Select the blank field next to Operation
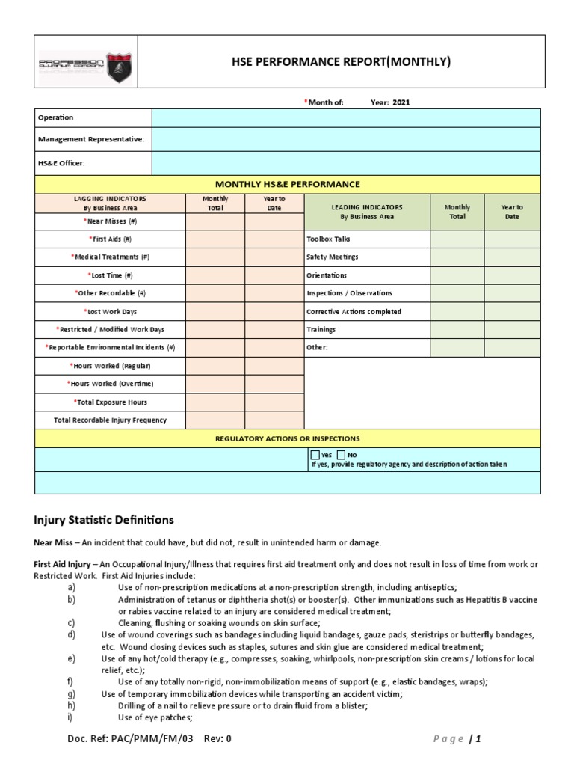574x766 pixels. point(345,118)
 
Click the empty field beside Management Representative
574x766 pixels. point(345,139)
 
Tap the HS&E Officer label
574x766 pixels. point(62,162)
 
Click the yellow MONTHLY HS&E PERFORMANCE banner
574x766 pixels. point(287,184)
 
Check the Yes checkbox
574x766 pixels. point(315,455)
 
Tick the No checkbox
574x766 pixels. point(342,455)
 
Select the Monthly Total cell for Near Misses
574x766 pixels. point(215,221)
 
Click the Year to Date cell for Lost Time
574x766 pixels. point(274,275)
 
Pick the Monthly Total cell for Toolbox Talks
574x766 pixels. point(457,239)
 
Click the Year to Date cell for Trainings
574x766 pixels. point(512,330)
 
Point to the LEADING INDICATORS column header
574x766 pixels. point(366,212)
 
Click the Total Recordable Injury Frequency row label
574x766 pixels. point(110,420)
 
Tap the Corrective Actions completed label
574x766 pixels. point(354,312)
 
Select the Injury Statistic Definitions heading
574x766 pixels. point(104,519)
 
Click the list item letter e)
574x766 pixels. point(71,658)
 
